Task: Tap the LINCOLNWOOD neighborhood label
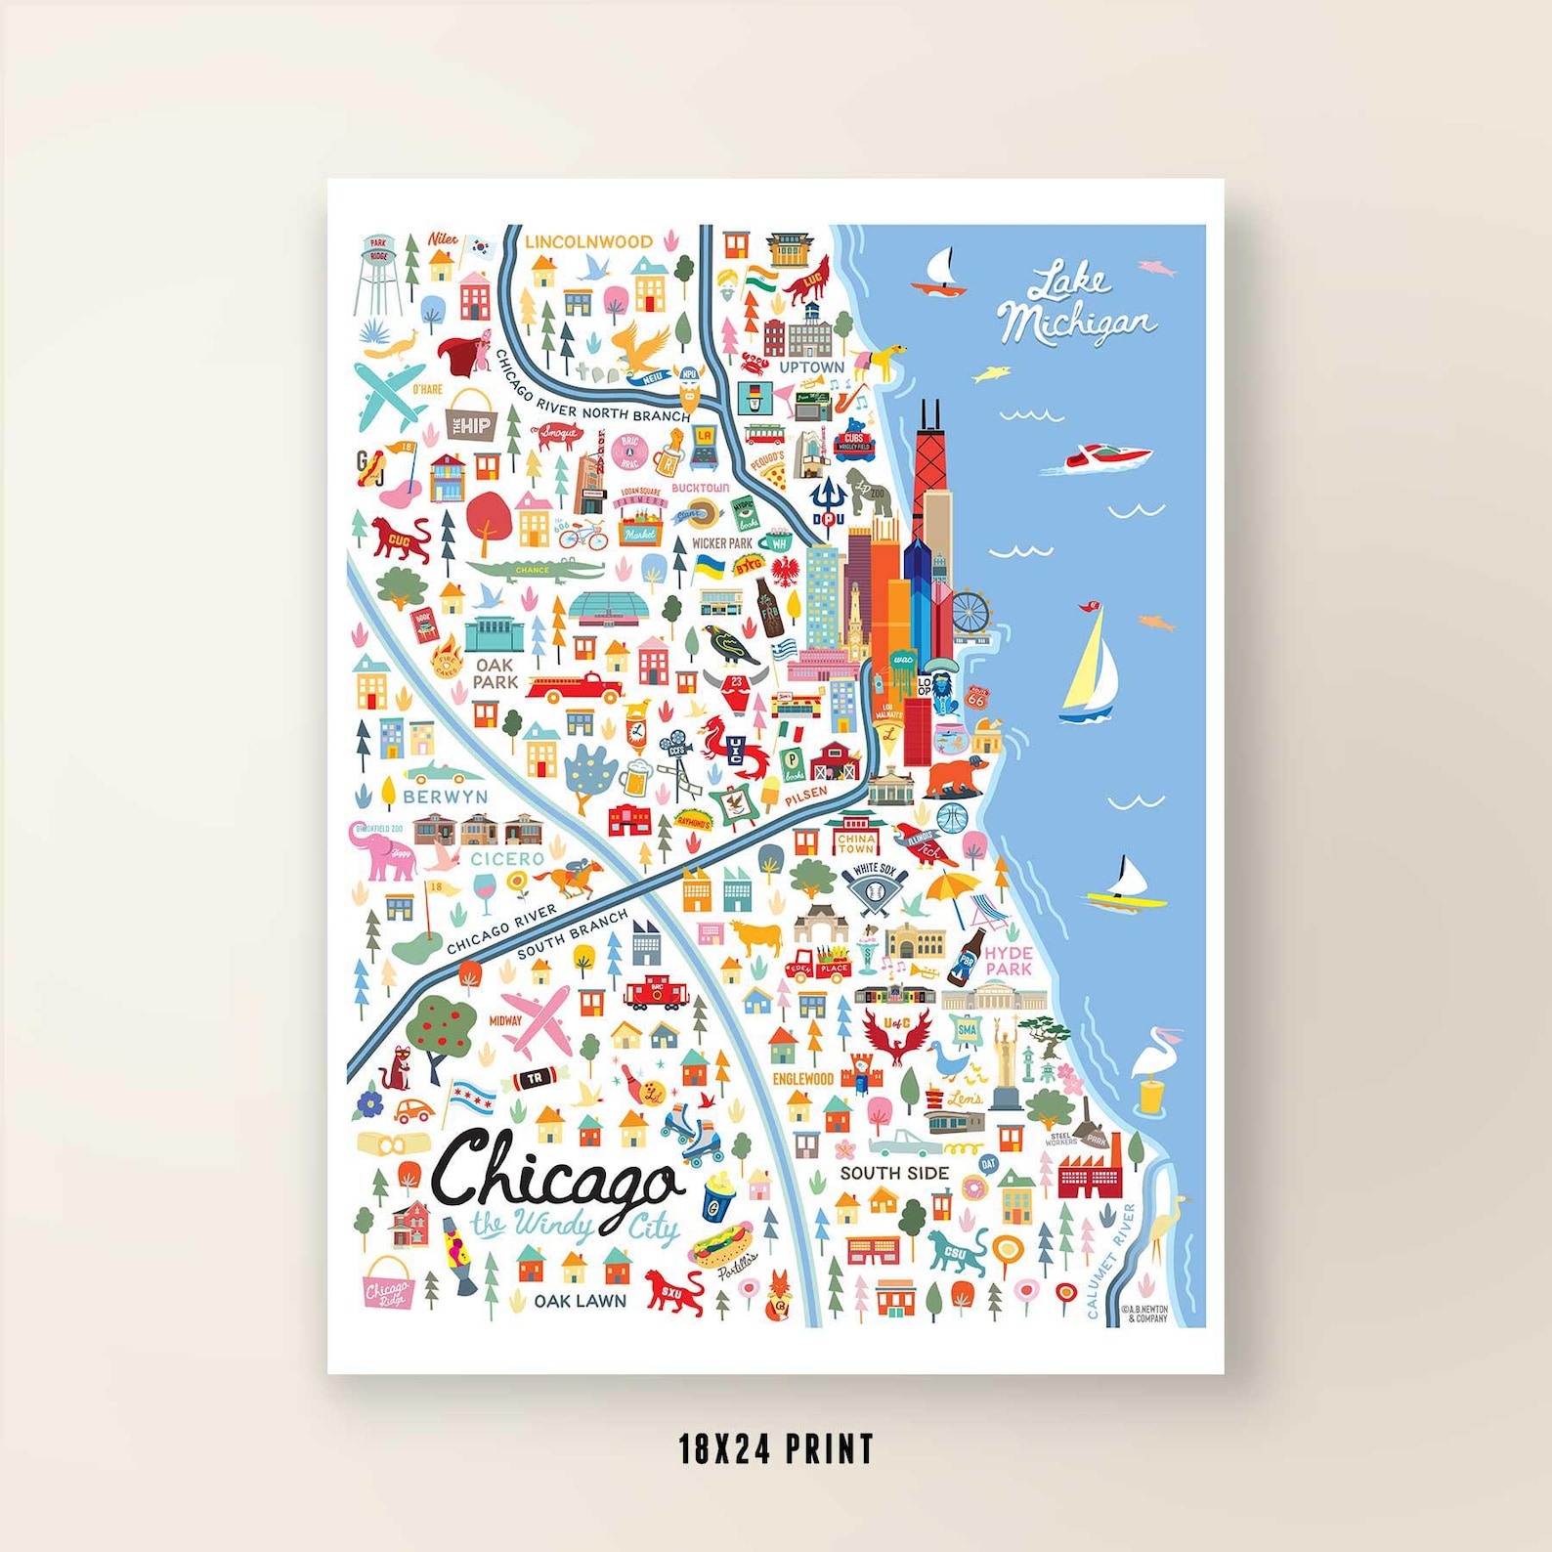coord(588,241)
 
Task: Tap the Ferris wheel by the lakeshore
coord(970,612)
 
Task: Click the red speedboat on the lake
coord(1106,455)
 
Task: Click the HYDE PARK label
coord(1009,960)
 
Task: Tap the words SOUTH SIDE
coord(894,1173)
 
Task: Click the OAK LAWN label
coord(580,1301)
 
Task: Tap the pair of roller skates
coord(692,1134)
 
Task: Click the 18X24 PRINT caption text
coord(776,1448)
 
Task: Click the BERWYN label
coord(445,797)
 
